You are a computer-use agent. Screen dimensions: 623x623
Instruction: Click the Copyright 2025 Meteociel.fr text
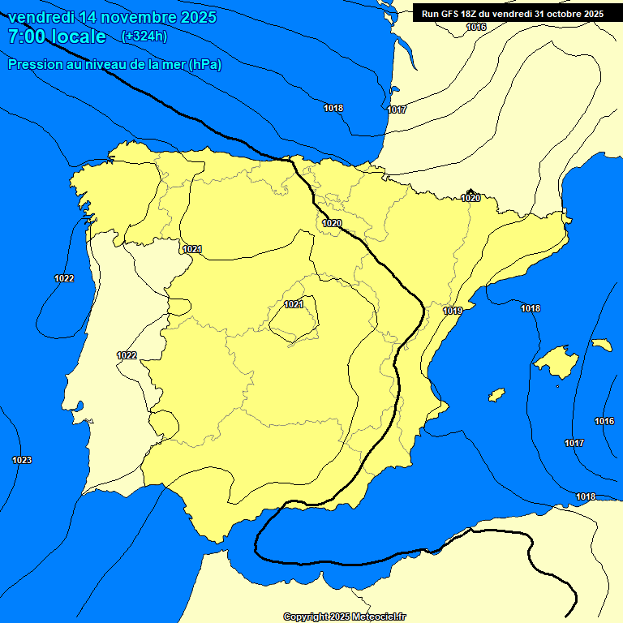point(344,617)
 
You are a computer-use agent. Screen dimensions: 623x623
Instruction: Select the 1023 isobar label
point(22,461)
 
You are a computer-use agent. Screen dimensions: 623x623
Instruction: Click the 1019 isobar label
point(453,311)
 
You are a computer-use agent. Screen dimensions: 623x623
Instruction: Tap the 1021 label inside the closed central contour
point(294,304)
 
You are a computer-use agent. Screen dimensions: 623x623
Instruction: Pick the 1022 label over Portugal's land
point(127,355)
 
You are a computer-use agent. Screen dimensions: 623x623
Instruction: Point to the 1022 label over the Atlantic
point(64,278)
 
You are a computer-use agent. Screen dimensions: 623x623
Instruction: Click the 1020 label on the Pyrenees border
point(470,198)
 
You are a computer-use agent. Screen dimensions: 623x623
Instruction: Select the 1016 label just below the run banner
point(476,28)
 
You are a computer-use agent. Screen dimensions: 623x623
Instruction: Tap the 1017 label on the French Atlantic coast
point(397,110)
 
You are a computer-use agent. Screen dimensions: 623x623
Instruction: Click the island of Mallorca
point(558,359)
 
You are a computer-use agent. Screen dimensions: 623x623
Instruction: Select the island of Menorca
point(601,345)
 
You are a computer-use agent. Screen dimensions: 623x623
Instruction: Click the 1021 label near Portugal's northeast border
point(192,249)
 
